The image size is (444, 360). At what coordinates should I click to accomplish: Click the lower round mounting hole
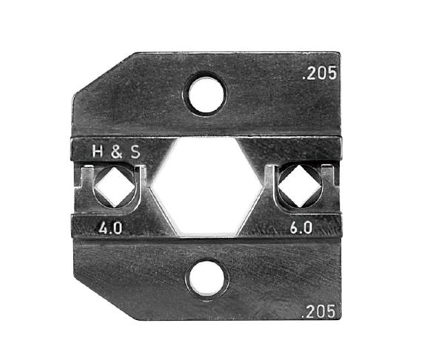pyautogui.click(x=206, y=278)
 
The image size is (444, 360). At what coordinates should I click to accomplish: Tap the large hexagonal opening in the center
pyautogui.click(x=206, y=186)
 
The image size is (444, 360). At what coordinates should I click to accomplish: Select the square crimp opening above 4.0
pyautogui.click(x=115, y=186)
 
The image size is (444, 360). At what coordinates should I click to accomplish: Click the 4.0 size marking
pyautogui.click(x=110, y=228)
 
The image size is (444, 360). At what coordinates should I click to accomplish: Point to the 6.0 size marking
pyautogui.click(x=301, y=228)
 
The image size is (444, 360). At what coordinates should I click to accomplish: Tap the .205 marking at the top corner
pyautogui.click(x=320, y=73)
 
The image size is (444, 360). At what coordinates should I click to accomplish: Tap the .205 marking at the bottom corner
pyautogui.click(x=318, y=312)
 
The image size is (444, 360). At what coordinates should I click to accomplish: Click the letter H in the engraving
pyautogui.click(x=98, y=152)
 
